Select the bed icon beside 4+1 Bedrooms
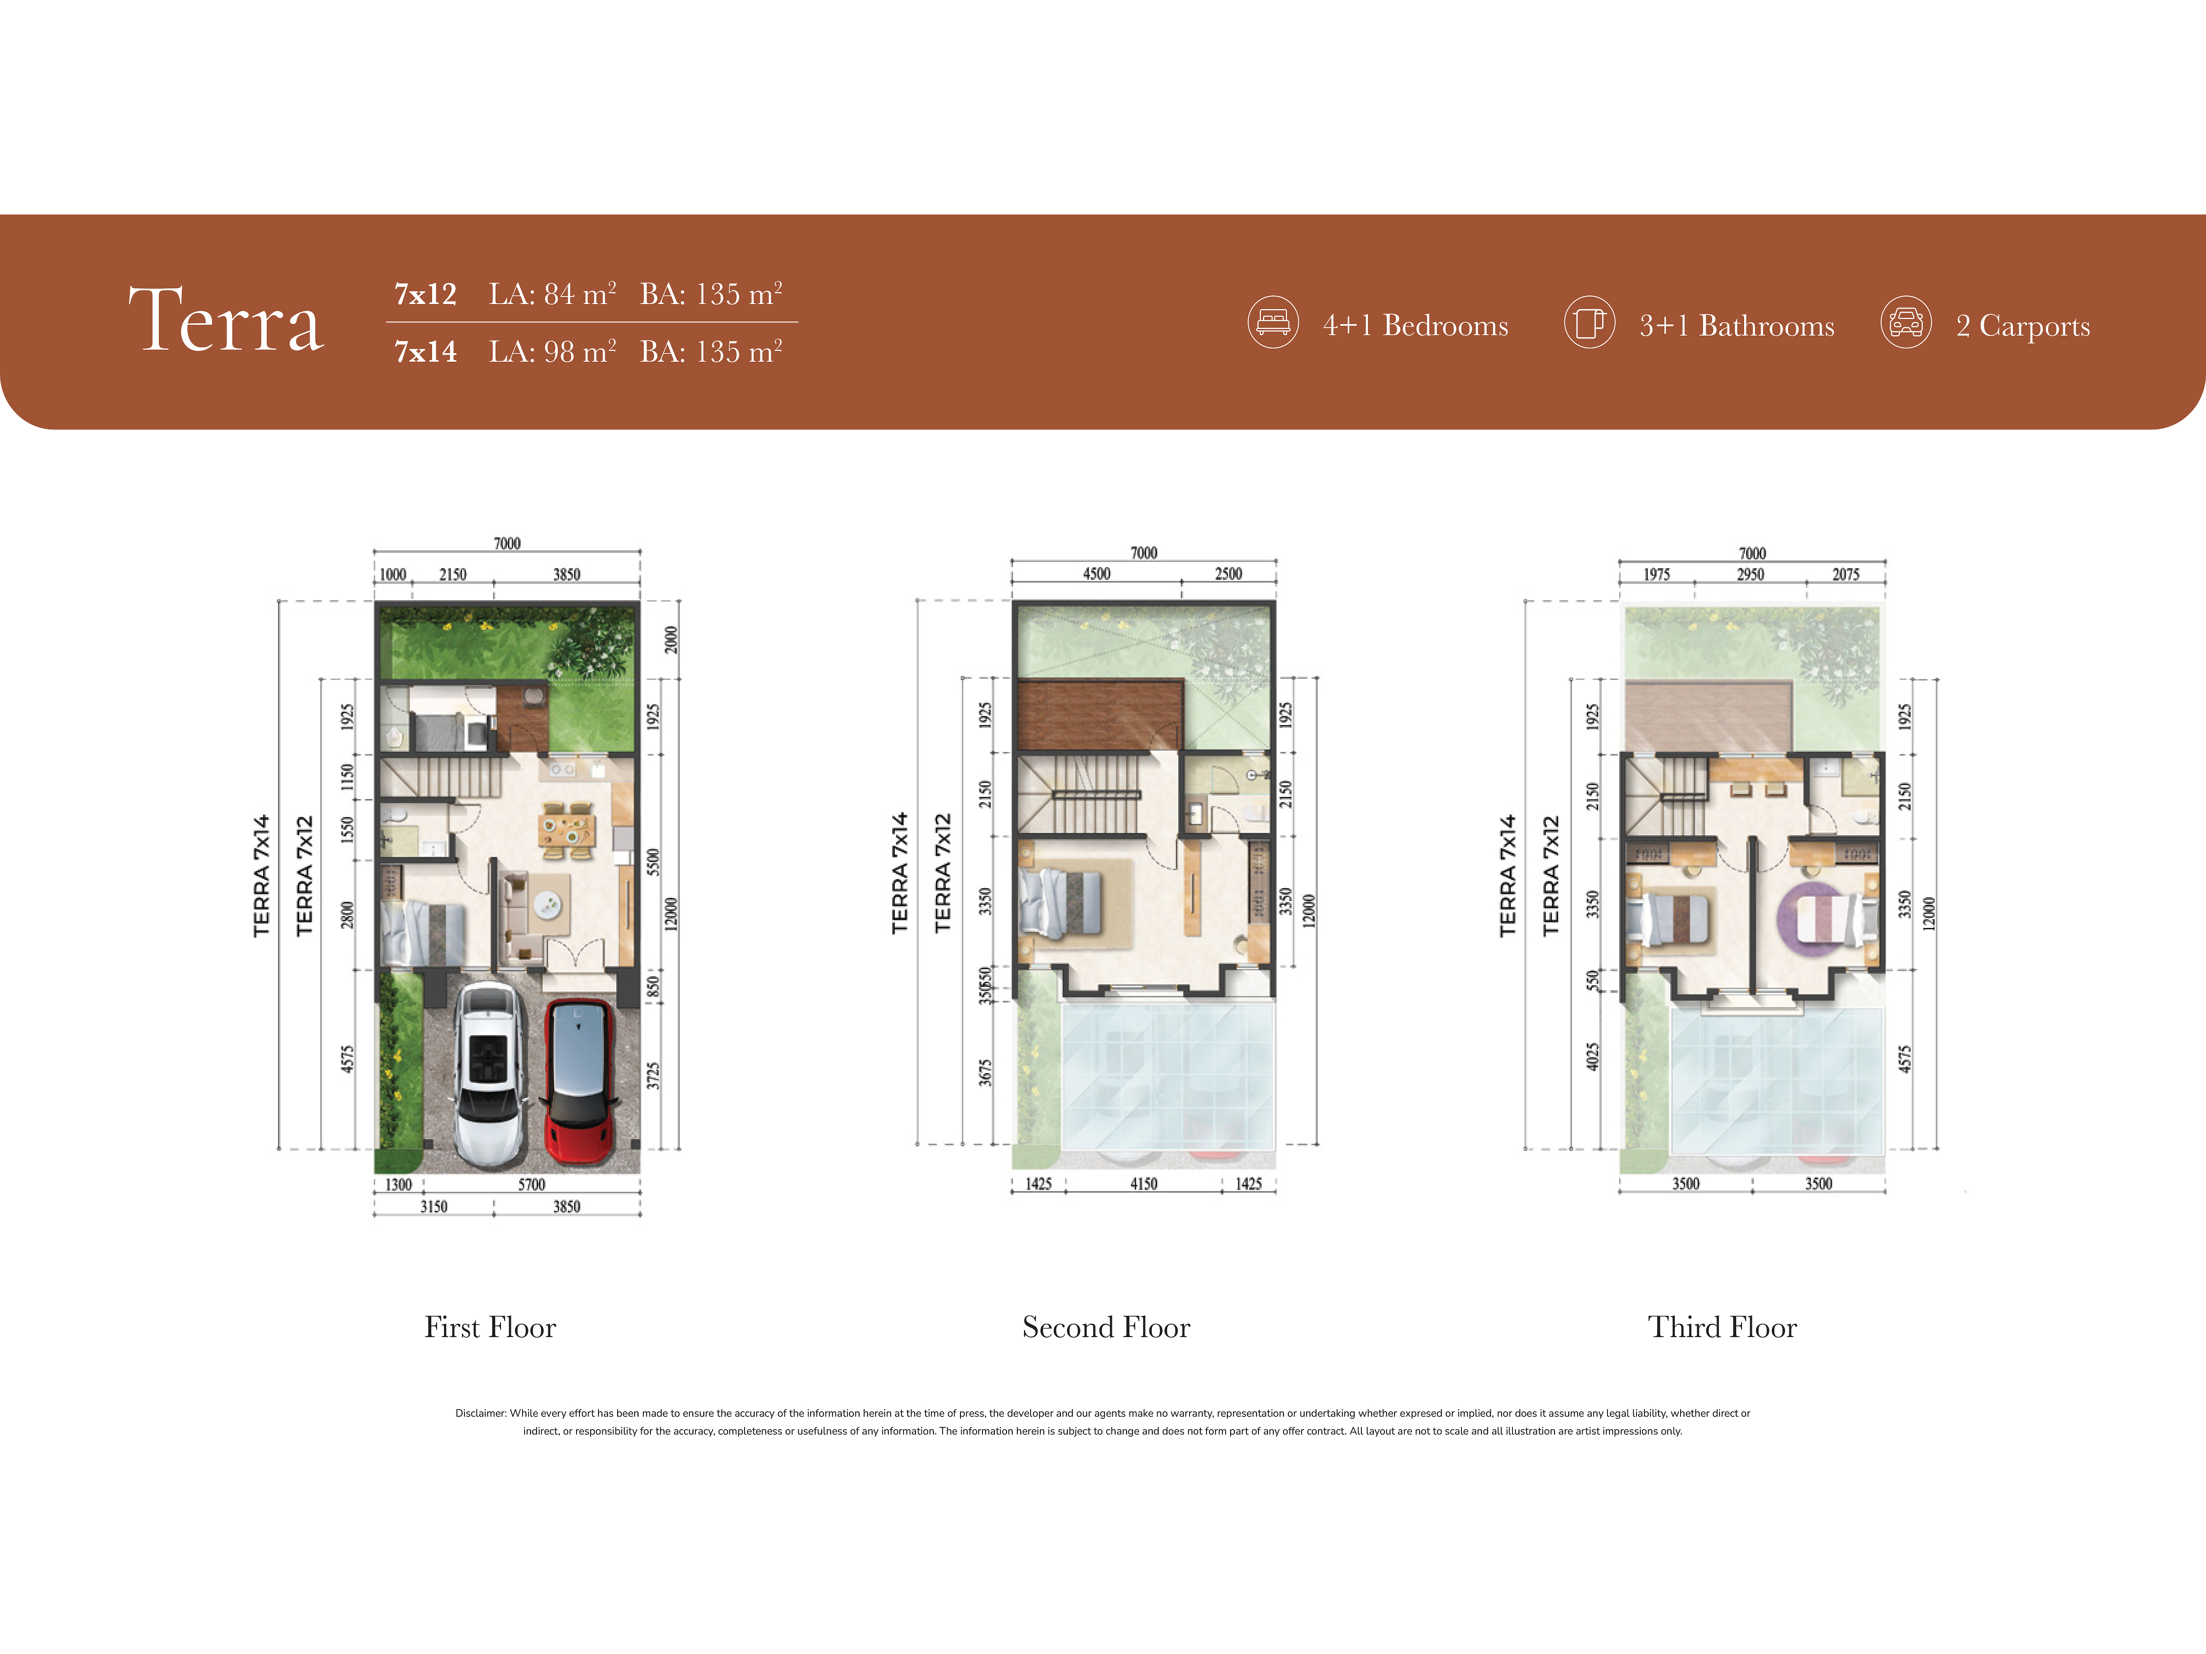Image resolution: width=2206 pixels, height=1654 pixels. [x=1273, y=322]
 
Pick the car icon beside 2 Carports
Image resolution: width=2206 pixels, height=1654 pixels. [x=1906, y=322]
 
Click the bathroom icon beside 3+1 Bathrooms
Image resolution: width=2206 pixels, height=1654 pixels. [x=1589, y=322]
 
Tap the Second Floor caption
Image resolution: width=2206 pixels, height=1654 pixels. [x=1106, y=1327]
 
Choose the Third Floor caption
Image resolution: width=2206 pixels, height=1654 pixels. [x=1722, y=1327]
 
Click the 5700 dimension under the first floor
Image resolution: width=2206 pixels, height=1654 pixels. [x=532, y=1184]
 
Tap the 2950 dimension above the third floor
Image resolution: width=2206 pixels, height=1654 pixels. [x=1750, y=574]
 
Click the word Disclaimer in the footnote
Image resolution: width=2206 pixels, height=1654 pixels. [x=481, y=1413]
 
